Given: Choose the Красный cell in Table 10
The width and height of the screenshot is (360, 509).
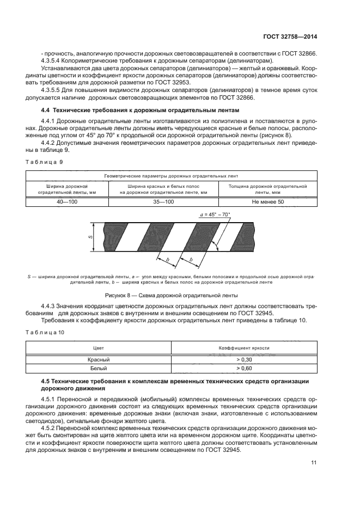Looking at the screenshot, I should [x=99, y=359].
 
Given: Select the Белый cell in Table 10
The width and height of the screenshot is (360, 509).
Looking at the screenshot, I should [x=99, y=368].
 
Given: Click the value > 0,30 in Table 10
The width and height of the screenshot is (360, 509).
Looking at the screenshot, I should [x=245, y=359].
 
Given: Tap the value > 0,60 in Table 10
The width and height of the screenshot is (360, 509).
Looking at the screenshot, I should [x=245, y=368].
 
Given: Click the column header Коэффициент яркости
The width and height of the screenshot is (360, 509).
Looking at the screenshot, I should [x=245, y=347].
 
